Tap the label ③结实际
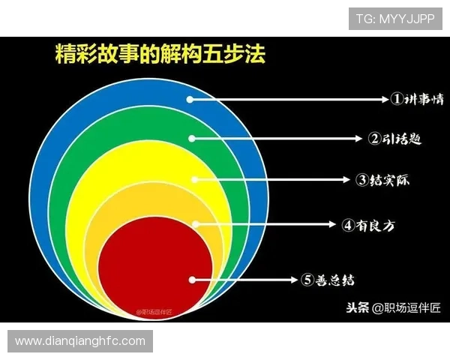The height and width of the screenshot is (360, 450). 383,180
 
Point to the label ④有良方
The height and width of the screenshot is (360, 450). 367,223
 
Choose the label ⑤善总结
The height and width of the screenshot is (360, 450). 328,280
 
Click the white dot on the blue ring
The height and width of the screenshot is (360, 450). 191,99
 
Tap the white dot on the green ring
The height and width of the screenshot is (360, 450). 193,138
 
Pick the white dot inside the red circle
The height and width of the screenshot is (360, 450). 193,279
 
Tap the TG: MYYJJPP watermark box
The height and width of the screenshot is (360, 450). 395,17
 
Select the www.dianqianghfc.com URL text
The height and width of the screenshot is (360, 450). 80,341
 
